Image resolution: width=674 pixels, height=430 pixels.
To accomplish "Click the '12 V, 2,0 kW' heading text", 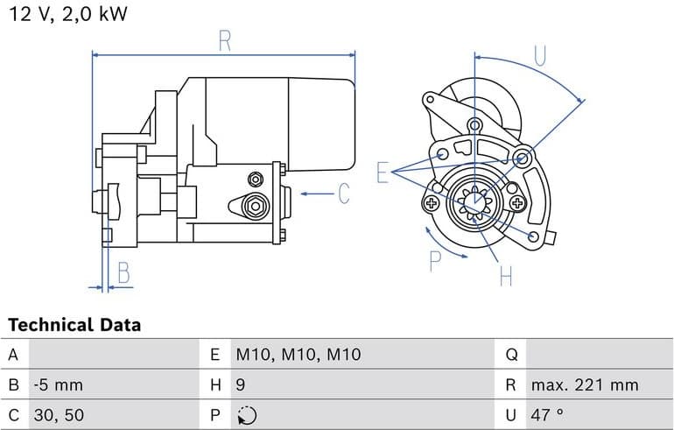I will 67,15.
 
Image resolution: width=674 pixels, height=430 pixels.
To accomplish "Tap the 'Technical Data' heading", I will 74,325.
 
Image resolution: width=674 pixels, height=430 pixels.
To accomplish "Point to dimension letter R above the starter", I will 224,40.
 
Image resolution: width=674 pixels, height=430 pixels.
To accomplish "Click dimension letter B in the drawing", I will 123,273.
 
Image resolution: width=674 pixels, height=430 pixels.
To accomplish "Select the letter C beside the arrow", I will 343,194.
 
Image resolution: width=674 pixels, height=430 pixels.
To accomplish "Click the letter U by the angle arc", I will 539,55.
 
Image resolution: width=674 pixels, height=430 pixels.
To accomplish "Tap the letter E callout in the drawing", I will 382,173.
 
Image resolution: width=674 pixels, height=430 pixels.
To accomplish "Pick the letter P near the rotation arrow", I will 435,260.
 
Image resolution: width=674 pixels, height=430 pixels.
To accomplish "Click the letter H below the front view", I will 505,277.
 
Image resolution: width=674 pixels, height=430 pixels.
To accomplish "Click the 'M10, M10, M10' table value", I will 298,355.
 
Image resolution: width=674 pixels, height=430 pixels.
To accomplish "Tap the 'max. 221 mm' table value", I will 584,384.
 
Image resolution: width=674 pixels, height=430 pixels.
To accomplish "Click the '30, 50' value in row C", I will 59,414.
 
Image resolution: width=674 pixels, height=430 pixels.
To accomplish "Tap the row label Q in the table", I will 512,355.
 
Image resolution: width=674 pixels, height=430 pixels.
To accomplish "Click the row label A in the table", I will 13,355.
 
